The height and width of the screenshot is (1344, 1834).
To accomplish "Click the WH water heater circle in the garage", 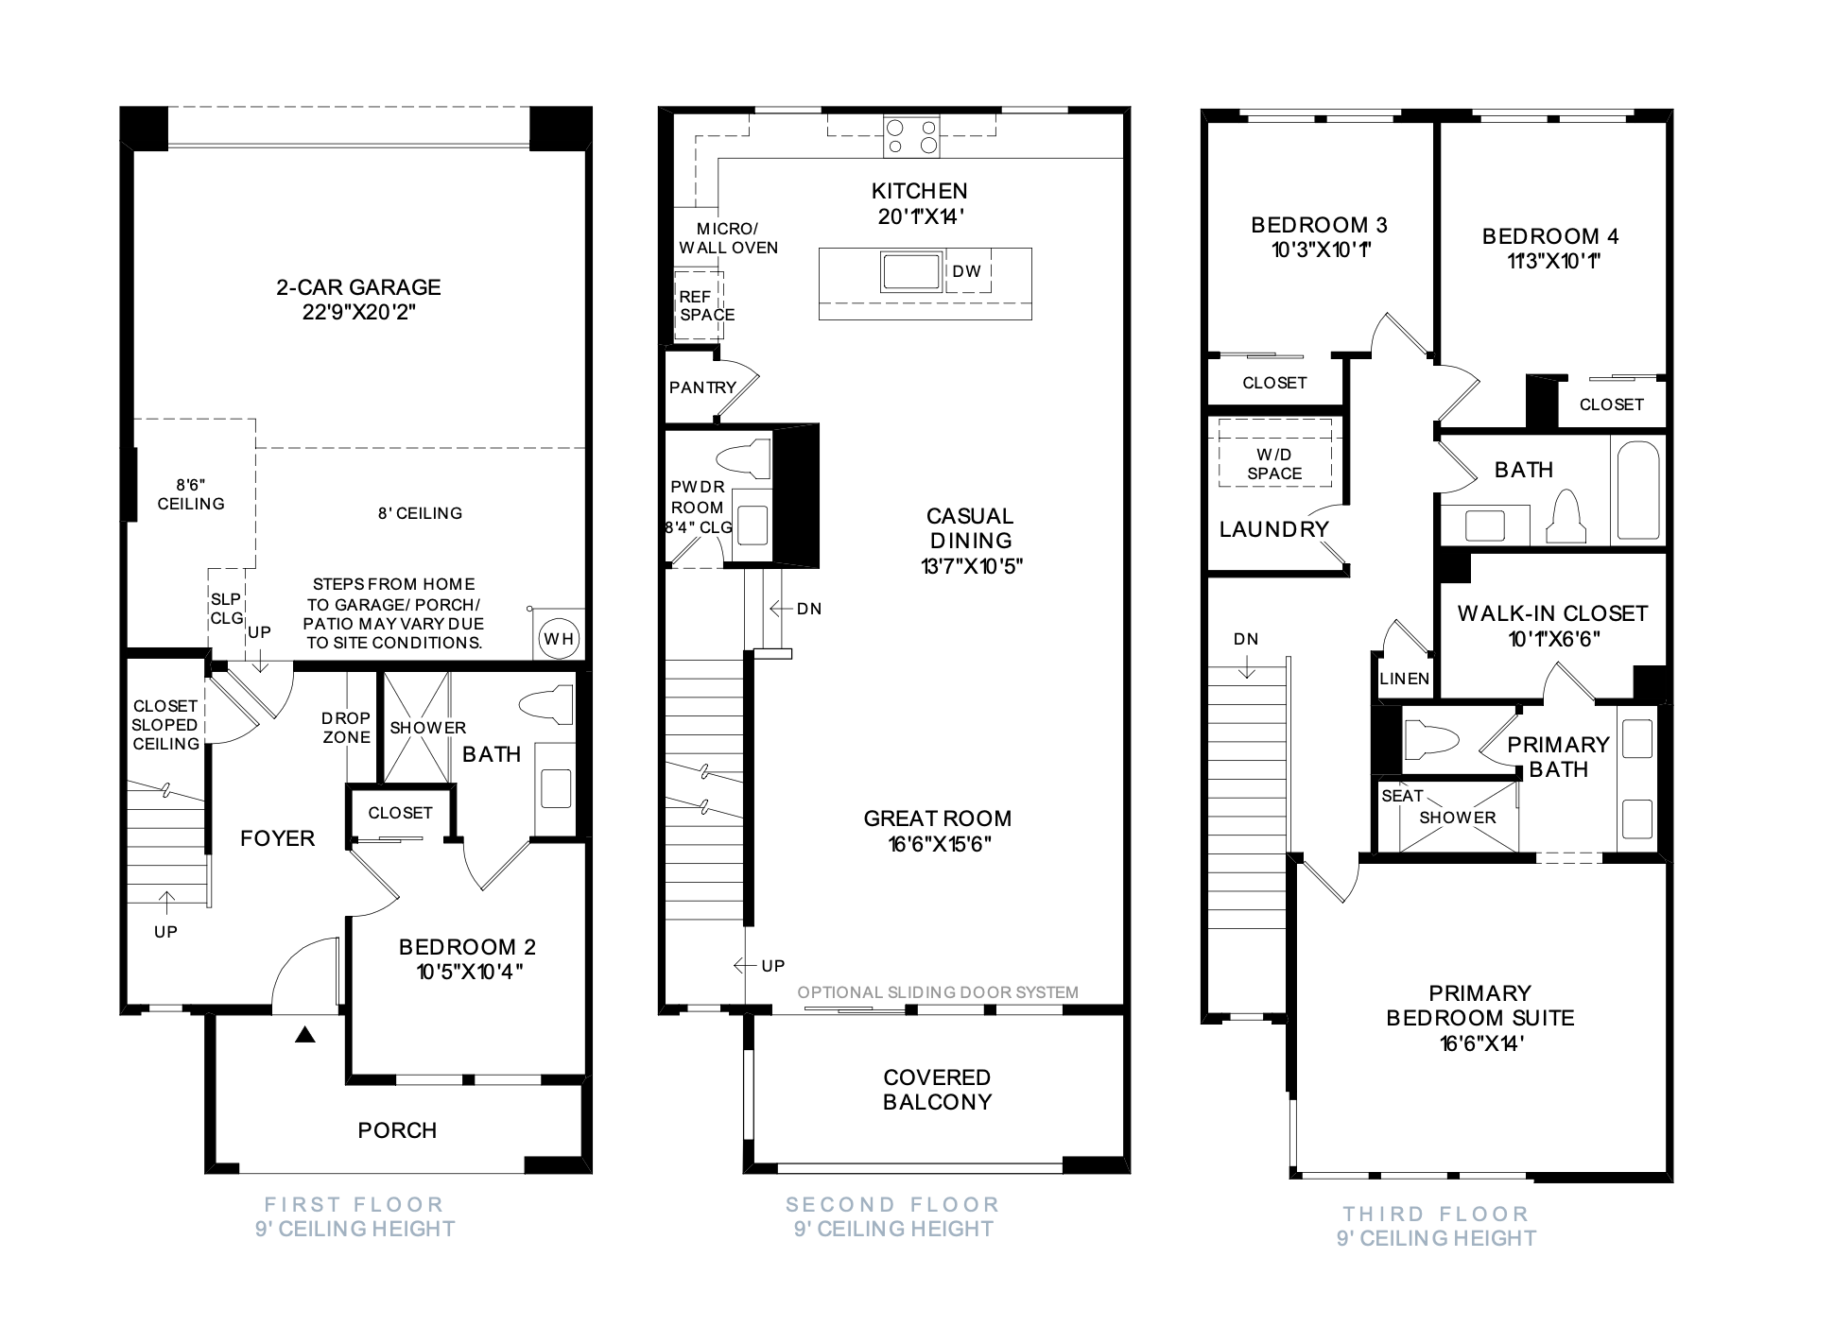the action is (559, 639).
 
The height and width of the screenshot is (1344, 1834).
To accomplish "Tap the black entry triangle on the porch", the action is (303, 1035).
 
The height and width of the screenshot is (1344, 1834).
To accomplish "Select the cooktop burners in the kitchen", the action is (911, 136).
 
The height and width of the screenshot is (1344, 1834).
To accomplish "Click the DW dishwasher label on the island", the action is (966, 271).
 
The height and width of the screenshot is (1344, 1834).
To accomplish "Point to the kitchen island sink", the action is (911, 271).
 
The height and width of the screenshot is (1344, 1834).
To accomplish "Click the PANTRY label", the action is (702, 388).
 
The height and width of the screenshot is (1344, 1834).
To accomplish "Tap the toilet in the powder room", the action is (744, 457).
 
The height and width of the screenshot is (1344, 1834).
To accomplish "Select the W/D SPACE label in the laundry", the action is (1274, 464).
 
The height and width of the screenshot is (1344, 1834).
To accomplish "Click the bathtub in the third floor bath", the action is (1638, 491).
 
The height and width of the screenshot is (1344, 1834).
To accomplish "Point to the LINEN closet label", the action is (1405, 679).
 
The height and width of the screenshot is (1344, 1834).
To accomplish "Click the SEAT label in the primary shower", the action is (1402, 796).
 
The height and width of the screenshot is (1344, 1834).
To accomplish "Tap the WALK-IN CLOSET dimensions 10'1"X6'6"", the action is (1554, 639).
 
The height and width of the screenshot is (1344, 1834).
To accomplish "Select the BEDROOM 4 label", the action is (1550, 236).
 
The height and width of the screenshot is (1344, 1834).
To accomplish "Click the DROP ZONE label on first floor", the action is (346, 728).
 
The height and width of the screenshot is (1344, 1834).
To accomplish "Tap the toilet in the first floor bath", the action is (547, 705).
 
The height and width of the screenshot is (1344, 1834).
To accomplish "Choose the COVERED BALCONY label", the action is (937, 1090).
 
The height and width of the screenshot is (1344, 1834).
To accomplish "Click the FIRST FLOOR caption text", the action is (354, 1205).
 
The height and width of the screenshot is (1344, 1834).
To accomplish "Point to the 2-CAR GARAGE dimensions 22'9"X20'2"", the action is (359, 312).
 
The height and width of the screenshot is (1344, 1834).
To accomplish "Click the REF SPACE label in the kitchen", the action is (706, 306).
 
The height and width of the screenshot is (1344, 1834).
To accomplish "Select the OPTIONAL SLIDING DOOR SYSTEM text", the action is (938, 992).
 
